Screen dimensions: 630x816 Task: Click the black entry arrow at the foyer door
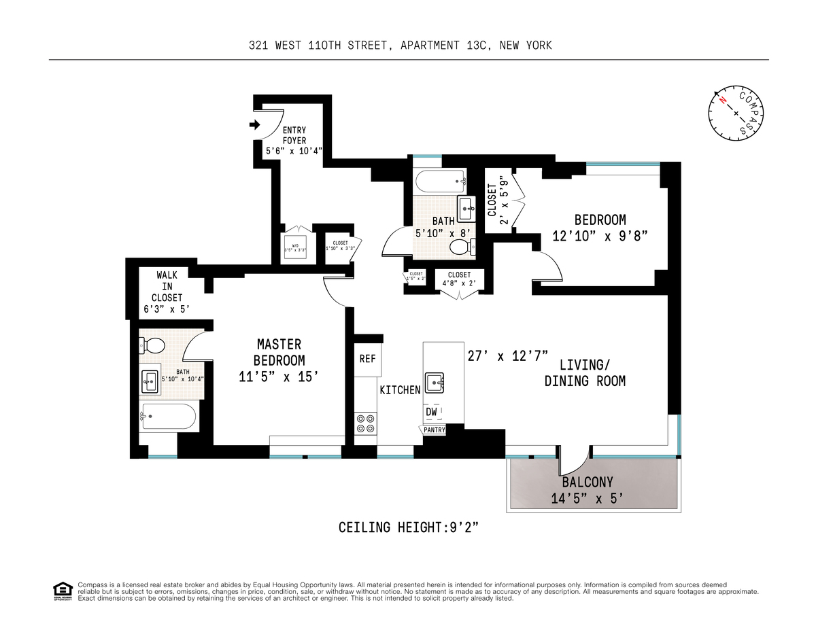pyautogui.click(x=255, y=125)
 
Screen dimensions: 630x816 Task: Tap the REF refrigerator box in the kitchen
pyautogui.click(x=367, y=358)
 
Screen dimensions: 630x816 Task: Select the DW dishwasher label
pyautogui.click(x=432, y=412)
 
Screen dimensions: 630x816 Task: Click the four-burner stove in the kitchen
pyautogui.click(x=365, y=423)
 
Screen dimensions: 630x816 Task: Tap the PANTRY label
pyautogui.click(x=434, y=430)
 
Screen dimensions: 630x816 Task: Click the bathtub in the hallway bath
pyautogui.click(x=440, y=181)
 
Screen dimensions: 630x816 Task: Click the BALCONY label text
pyautogui.click(x=587, y=483)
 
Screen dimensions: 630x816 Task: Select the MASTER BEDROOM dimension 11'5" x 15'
pyautogui.click(x=279, y=377)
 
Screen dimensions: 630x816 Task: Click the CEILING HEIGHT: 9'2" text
pyautogui.click(x=413, y=527)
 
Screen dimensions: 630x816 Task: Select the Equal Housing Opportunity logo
pyautogui.click(x=62, y=591)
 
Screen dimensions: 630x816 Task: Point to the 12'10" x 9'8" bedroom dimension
pyautogui.click(x=600, y=237)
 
